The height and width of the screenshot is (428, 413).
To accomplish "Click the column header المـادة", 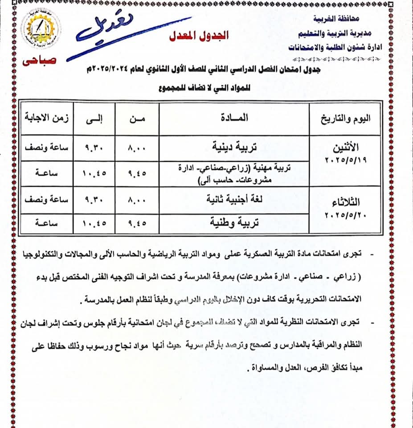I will point(234,118).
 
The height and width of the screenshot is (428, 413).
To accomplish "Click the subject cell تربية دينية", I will point(233,146).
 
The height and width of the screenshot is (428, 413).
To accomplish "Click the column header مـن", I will point(137,119).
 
